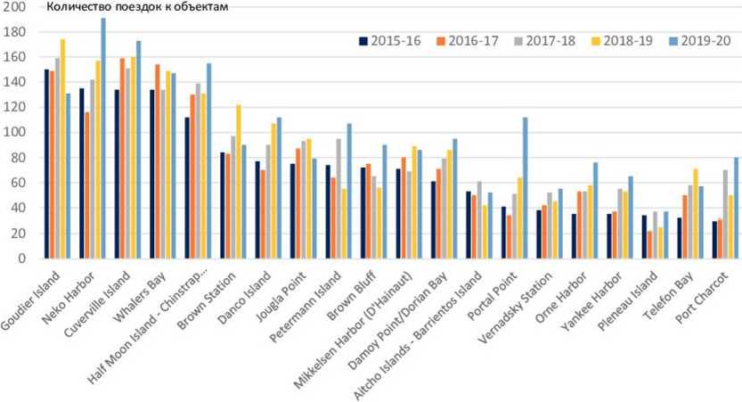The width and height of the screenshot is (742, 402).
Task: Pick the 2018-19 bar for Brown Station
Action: click(x=238, y=182)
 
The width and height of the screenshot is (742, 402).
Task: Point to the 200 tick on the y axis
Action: click(x=16, y=7)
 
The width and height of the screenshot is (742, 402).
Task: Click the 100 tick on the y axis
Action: click(x=16, y=133)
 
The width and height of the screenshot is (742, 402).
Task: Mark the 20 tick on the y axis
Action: click(x=20, y=234)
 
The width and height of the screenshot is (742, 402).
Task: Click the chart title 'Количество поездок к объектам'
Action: click(x=138, y=8)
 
